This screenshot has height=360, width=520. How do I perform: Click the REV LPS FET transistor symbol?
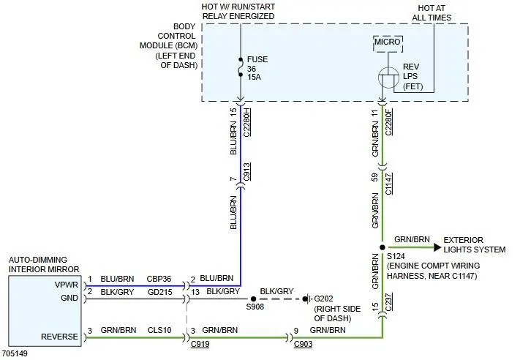point(388,78)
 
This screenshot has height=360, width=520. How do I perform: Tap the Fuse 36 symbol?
point(241,67)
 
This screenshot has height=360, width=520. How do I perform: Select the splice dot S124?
point(383,247)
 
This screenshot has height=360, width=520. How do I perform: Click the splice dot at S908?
point(253,299)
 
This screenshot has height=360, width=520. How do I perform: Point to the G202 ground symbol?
point(307,299)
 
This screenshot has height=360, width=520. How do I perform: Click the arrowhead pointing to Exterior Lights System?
point(438,247)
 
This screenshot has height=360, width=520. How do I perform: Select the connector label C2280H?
point(247,121)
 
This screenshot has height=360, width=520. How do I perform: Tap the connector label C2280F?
point(388,121)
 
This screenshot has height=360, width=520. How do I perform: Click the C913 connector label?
point(247,172)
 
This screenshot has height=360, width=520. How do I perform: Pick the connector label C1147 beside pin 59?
point(388,184)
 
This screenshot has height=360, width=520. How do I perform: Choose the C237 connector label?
point(388,301)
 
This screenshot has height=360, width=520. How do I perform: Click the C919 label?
point(200,344)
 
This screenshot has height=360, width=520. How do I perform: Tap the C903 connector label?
point(303,344)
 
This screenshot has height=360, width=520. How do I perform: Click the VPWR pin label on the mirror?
point(67,285)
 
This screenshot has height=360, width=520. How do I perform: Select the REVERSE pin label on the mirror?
point(59,337)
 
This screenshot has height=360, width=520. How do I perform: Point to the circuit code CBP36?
point(159,279)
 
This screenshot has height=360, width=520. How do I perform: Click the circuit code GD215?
point(160,292)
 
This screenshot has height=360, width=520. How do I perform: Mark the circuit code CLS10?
point(159,330)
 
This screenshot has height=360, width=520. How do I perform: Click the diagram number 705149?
point(15,353)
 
